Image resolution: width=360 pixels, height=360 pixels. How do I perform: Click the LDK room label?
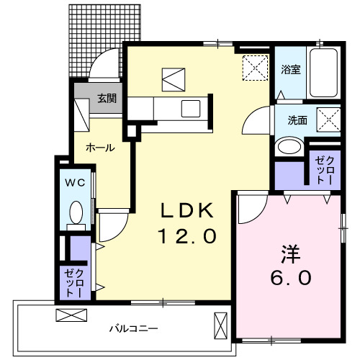(186, 211)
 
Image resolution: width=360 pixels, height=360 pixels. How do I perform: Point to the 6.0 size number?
(291, 276)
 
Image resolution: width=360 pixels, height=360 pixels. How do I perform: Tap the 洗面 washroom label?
(297, 120)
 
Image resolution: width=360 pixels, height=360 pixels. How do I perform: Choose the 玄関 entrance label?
(107, 99)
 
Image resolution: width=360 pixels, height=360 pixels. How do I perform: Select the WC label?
(76, 183)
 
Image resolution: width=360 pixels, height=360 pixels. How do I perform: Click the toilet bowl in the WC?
(76, 212)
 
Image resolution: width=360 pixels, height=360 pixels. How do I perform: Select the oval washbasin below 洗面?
(289, 147)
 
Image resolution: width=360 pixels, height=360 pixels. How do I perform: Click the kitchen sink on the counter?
(191, 109)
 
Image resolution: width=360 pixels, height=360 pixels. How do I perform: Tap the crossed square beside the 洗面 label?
(329, 120)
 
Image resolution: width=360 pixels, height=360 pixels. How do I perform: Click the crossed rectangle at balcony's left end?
(70, 315)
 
